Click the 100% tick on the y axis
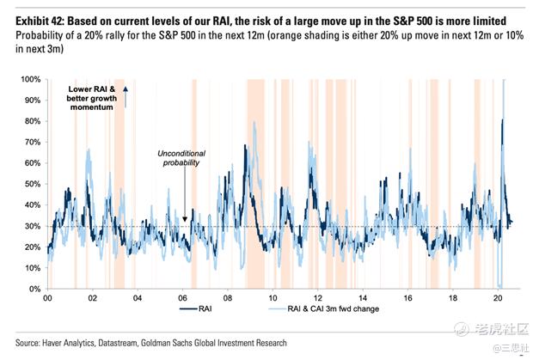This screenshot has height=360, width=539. pos(28,79)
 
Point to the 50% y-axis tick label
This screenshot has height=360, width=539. pos(29,184)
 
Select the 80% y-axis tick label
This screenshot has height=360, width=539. pos(29,121)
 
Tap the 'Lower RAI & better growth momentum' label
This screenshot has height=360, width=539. pos(92,98)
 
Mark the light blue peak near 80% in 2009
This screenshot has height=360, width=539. pos(255,122)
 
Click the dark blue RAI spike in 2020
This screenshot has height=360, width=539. pos(502,120)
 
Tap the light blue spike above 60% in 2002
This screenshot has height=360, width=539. pos(89,149)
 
